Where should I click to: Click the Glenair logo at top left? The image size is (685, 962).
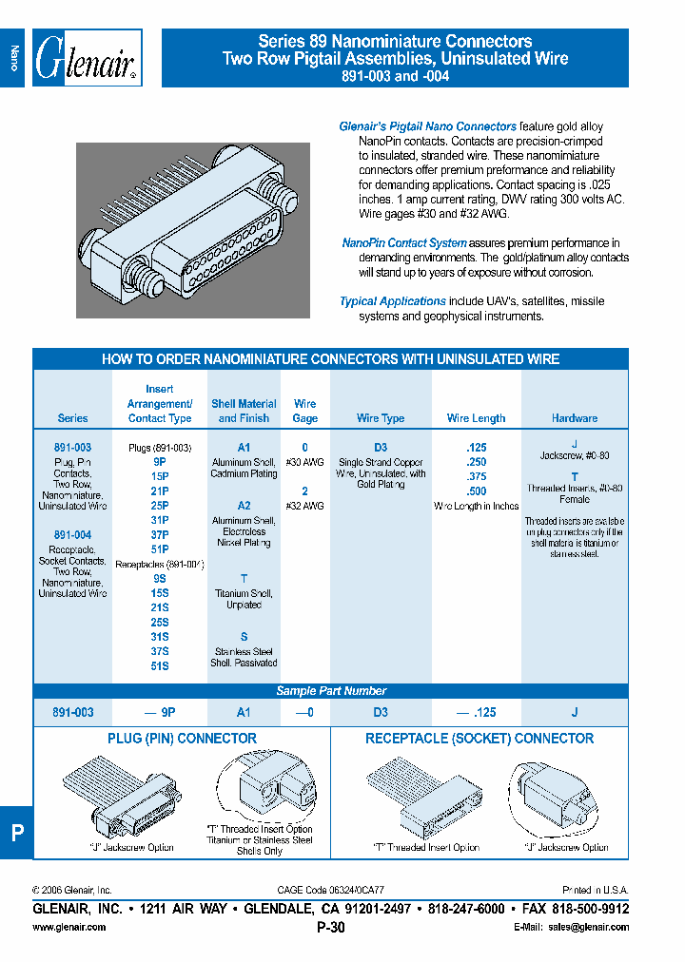click(x=87, y=59)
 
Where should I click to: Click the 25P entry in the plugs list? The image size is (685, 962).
click(x=159, y=506)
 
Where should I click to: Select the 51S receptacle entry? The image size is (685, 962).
click(x=159, y=666)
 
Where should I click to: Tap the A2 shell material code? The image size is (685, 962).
click(x=244, y=506)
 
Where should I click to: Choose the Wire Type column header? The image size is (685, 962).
click(x=381, y=418)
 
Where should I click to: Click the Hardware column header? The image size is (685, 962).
click(x=575, y=418)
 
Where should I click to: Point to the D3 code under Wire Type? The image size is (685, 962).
click(x=381, y=447)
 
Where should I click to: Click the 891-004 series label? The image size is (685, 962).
click(x=72, y=535)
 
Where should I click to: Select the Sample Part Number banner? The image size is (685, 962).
click(x=331, y=691)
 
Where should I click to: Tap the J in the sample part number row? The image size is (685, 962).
click(x=575, y=711)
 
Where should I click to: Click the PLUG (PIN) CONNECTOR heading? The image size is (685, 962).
click(x=182, y=739)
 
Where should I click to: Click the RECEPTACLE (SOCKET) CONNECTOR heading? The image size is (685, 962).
click(x=479, y=739)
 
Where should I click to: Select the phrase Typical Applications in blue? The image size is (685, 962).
click(x=393, y=301)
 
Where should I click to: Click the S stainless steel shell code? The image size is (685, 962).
click(x=244, y=637)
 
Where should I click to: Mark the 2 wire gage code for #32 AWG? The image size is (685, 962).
click(x=304, y=491)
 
